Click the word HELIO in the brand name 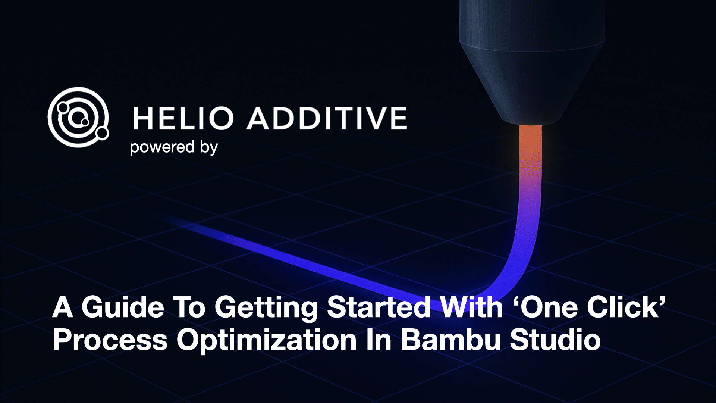pyautogui.click(x=183, y=118)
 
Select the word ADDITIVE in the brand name pyautogui.click(x=327, y=118)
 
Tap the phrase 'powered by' pyautogui.click(x=174, y=147)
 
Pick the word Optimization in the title pyautogui.click(x=267, y=340)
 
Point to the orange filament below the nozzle pyautogui.click(x=530, y=149)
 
